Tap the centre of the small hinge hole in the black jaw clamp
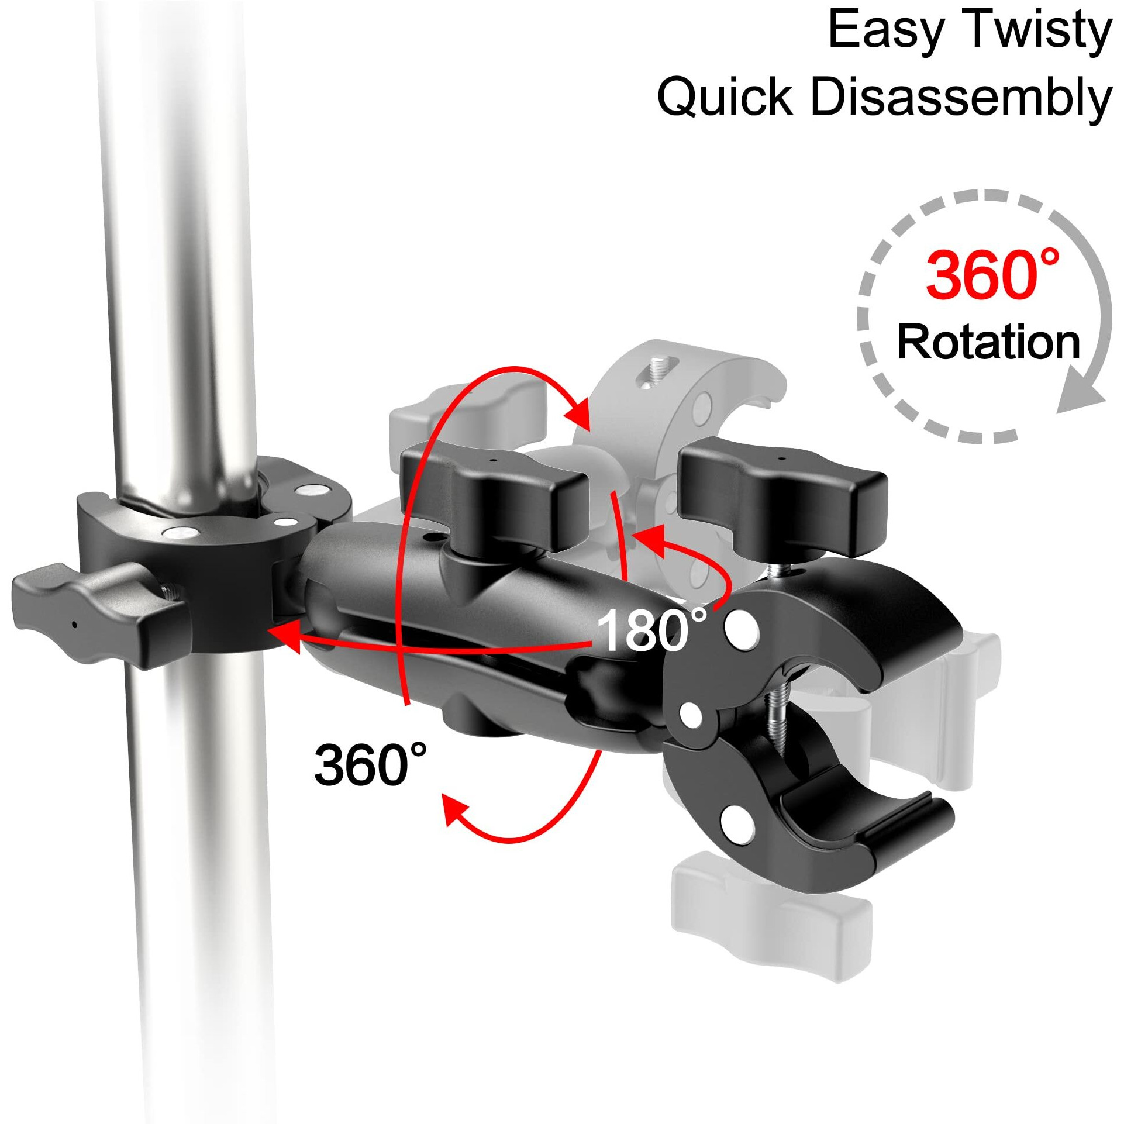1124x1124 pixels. pyautogui.click(x=691, y=712)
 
